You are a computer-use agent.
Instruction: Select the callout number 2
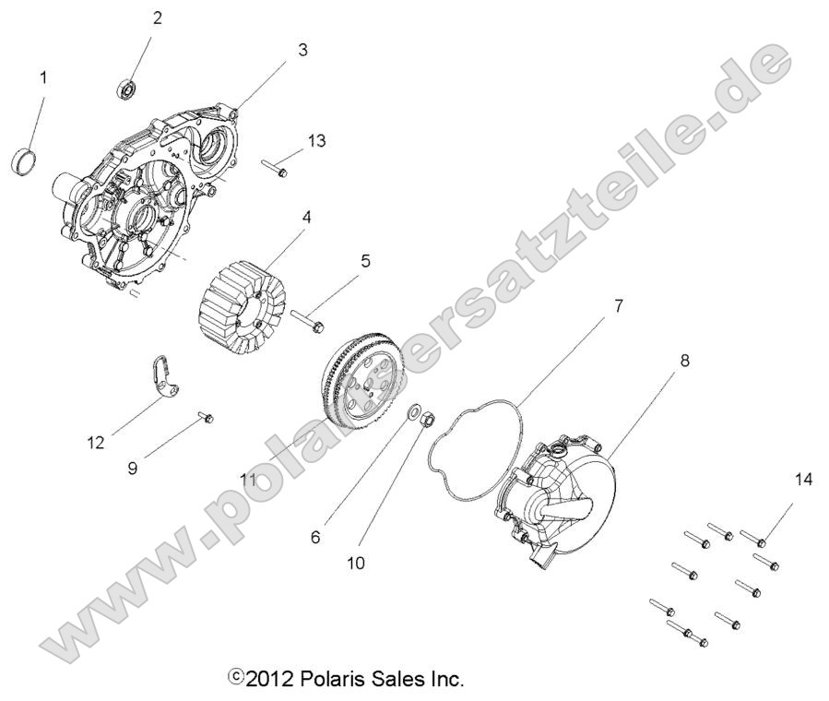coord(157,18)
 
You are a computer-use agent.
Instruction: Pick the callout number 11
coord(247,479)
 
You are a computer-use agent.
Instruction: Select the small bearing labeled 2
coord(126,89)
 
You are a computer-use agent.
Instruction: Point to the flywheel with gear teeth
coord(361,379)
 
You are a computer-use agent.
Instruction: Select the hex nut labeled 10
coord(428,420)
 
